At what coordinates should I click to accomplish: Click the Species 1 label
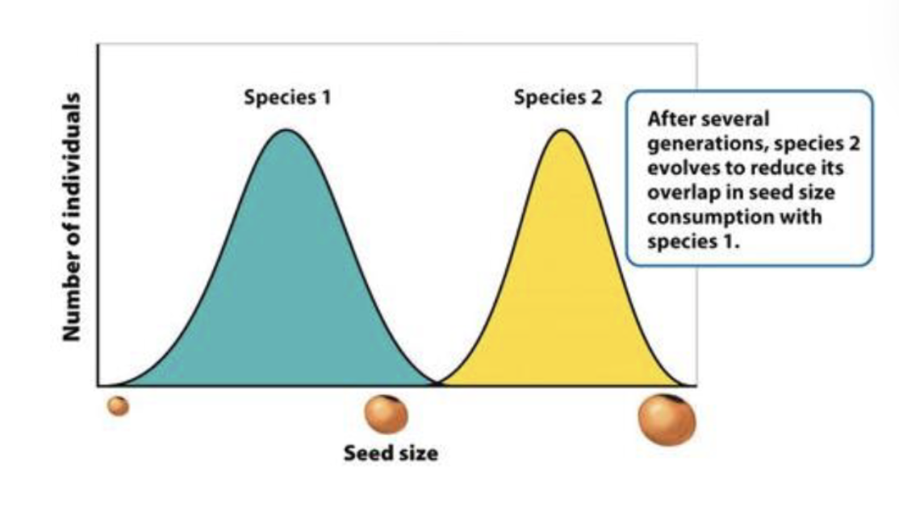point(286,98)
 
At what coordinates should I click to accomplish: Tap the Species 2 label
point(558,98)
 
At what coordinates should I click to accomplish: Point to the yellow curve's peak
point(562,130)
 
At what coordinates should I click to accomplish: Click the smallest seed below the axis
point(119,406)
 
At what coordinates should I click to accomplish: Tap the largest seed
point(667,419)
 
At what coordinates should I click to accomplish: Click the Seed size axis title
point(391,453)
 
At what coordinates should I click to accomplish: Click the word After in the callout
point(668,119)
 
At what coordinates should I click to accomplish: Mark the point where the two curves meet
point(437,384)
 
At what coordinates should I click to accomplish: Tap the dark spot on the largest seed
point(671,401)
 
